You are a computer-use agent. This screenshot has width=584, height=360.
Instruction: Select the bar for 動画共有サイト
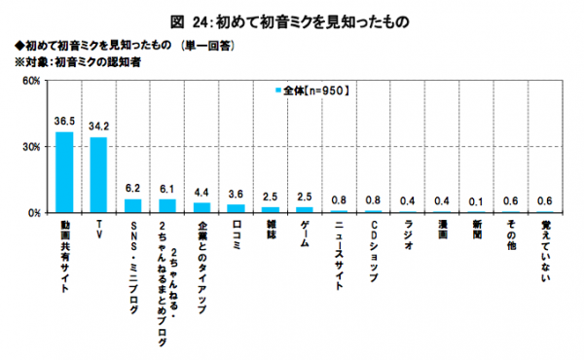[x=64, y=172]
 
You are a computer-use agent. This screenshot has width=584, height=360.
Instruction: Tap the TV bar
[x=98, y=175]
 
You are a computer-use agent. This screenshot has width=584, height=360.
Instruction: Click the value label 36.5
[x=64, y=123]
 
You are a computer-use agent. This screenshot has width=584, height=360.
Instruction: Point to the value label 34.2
[x=98, y=127]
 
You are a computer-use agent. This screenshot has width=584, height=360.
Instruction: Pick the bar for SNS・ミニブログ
[x=132, y=205]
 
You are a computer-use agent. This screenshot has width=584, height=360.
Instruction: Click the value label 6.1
[x=167, y=190]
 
